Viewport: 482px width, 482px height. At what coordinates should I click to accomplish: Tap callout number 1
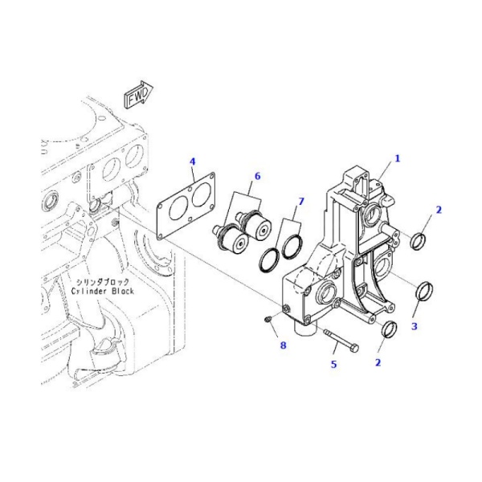[397, 158]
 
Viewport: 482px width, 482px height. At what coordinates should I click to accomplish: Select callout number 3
[415, 327]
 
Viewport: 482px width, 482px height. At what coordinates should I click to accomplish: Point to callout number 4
[192, 161]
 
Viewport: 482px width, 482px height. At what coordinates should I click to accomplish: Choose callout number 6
[257, 175]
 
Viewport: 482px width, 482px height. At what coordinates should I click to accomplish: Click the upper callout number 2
[439, 210]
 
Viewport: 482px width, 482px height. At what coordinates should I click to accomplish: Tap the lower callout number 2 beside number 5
[378, 363]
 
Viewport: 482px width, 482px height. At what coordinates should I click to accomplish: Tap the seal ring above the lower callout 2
[390, 330]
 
